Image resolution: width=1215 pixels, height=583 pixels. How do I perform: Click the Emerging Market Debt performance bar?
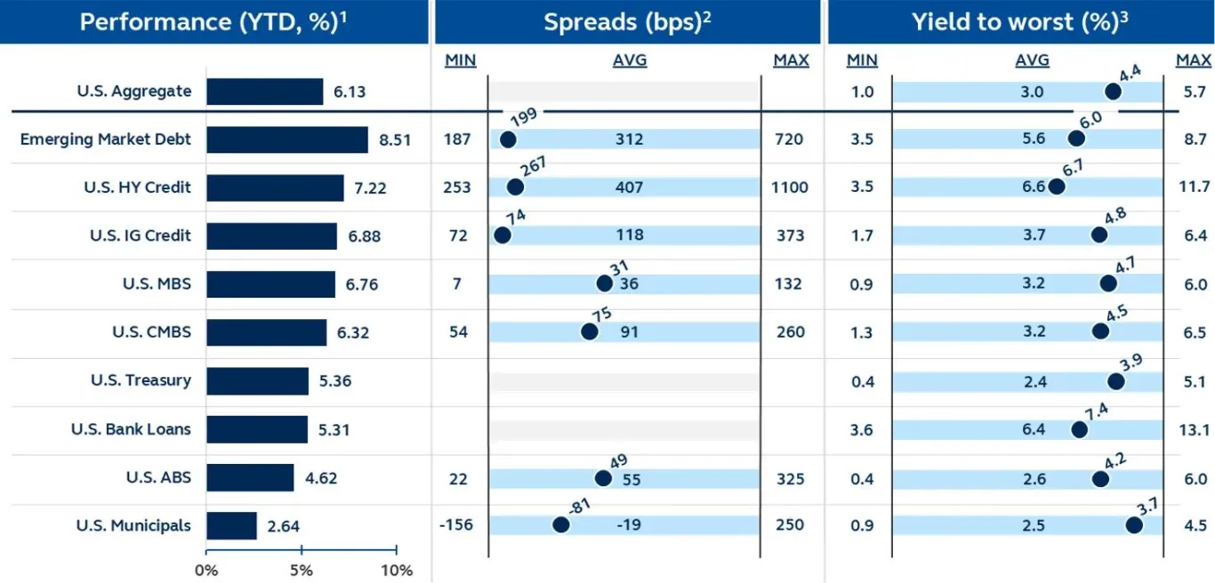pyautogui.click(x=286, y=140)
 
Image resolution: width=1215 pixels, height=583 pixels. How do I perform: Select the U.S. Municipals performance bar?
pyautogui.click(x=231, y=525)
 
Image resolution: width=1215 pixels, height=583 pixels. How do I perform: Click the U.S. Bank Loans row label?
pyautogui.click(x=131, y=429)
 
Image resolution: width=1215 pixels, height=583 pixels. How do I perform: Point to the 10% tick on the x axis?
pyautogui.click(x=396, y=570)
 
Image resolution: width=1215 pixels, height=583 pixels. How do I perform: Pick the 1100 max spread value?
pyautogui.click(x=791, y=188)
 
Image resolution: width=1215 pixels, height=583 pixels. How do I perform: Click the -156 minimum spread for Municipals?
pyautogui.click(x=456, y=525)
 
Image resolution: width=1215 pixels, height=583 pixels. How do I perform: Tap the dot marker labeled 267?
pyautogui.click(x=515, y=187)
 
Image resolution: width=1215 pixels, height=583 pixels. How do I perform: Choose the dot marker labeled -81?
pyautogui.click(x=560, y=524)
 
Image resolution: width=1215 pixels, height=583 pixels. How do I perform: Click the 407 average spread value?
pyautogui.click(x=629, y=188)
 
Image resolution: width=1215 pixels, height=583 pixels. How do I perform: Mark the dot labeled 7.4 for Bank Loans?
pyautogui.click(x=1079, y=429)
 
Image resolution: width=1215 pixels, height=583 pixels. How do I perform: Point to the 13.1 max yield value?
pyautogui.click(x=1194, y=430)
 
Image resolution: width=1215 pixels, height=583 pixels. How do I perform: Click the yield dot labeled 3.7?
pyautogui.click(x=1133, y=524)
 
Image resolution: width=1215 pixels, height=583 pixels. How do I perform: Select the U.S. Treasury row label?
pyautogui.click(x=141, y=380)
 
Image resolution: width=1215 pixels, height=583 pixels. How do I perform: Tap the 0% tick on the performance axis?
pyautogui.click(x=206, y=570)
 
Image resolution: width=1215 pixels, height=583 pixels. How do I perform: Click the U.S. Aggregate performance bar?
pyautogui.click(x=264, y=92)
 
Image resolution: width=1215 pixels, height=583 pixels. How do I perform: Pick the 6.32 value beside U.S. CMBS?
pyautogui.click(x=351, y=333)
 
